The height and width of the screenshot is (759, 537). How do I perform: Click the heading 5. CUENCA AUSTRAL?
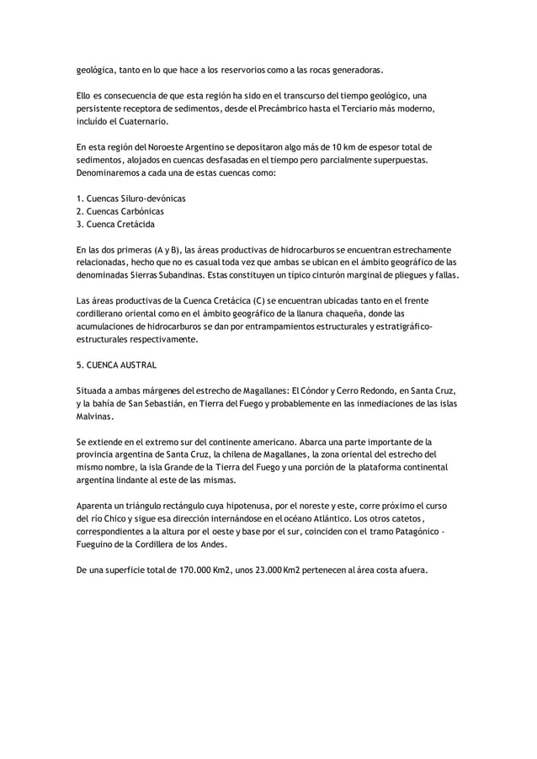point(116,365)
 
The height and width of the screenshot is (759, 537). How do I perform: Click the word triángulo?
point(141,506)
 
